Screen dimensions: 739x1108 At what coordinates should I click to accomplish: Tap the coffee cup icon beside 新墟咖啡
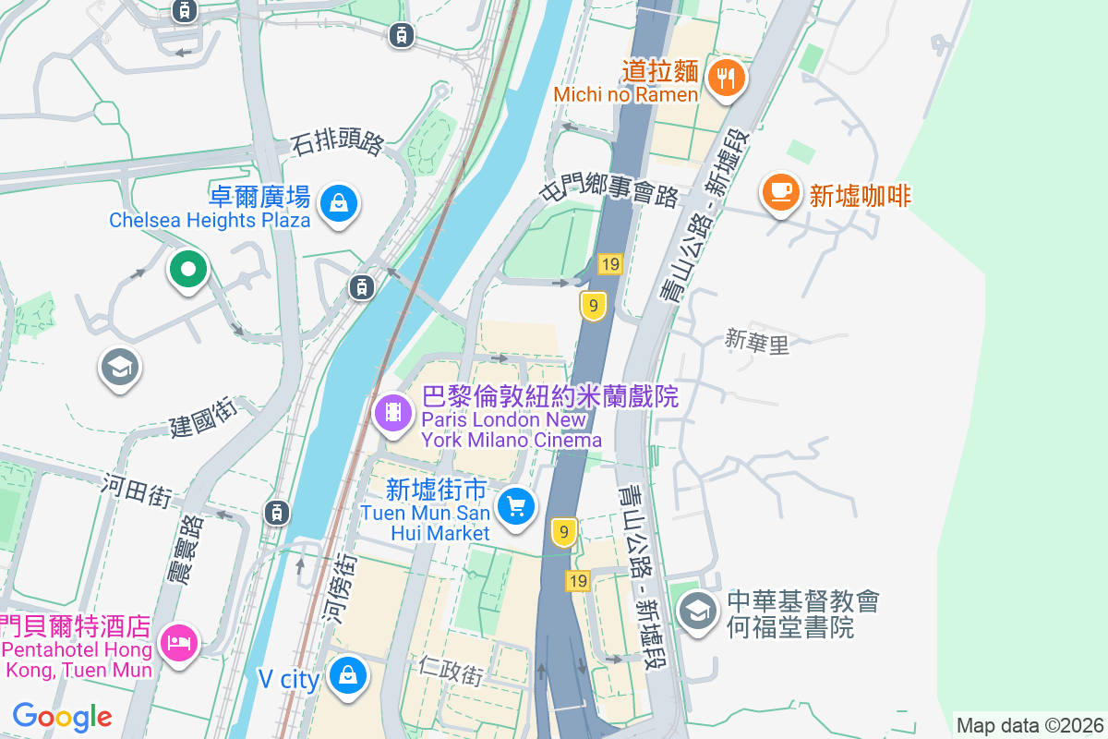point(780,191)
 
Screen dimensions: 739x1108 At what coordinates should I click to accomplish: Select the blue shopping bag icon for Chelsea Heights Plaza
point(339,203)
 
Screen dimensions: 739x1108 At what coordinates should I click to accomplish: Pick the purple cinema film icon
point(394,412)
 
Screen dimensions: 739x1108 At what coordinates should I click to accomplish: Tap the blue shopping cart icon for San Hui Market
point(516,506)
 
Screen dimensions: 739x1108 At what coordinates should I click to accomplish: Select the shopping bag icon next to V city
point(347,677)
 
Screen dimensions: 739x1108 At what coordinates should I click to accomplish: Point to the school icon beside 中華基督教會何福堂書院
point(699,611)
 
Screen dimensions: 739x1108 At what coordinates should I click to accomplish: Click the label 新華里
point(757,343)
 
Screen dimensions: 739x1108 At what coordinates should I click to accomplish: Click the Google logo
point(62,716)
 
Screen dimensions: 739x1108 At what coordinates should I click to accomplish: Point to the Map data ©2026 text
point(1030,725)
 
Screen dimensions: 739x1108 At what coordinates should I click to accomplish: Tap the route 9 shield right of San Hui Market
point(564,532)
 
